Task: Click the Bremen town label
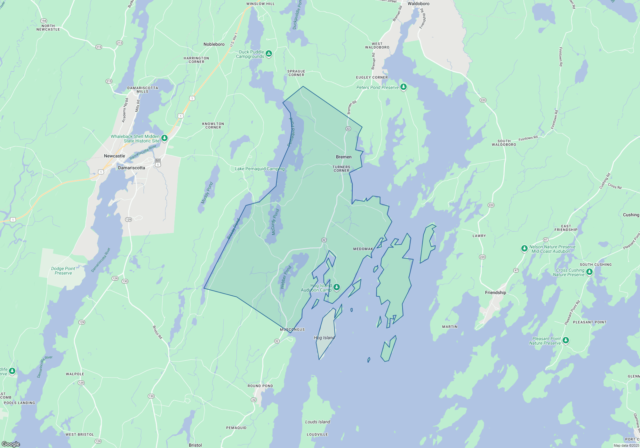pyautogui.click(x=344, y=157)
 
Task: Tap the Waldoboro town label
pyautogui.click(x=418, y=4)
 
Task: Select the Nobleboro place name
pyautogui.click(x=214, y=44)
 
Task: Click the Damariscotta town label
pyautogui.click(x=132, y=168)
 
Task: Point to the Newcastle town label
pyautogui.click(x=114, y=156)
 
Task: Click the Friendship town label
pyautogui.click(x=495, y=292)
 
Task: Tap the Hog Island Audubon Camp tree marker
pyautogui.click(x=336, y=287)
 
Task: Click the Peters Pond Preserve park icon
pyautogui.click(x=404, y=87)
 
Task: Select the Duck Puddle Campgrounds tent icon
pyautogui.click(x=269, y=53)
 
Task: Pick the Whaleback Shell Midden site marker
pyautogui.click(x=164, y=138)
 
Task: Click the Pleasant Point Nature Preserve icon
pyautogui.click(x=565, y=340)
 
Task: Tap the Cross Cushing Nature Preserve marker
pyautogui.click(x=589, y=272)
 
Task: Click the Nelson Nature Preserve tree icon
pyautogui.click(x=524, y=248)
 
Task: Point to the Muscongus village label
pyautogui.click(x=292, y=330)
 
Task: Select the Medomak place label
pyautogui.click(x=363, y=249)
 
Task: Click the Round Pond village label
pyautogui.click(x=260, y=386)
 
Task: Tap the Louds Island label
pyautogui.click(x=317, y=422)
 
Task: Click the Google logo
pyautogui.click(x=11, y=444)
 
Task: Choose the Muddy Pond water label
pyautogui.click(x=207, y=193)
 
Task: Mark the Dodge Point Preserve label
pyautogui.click(x=63, y=271)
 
